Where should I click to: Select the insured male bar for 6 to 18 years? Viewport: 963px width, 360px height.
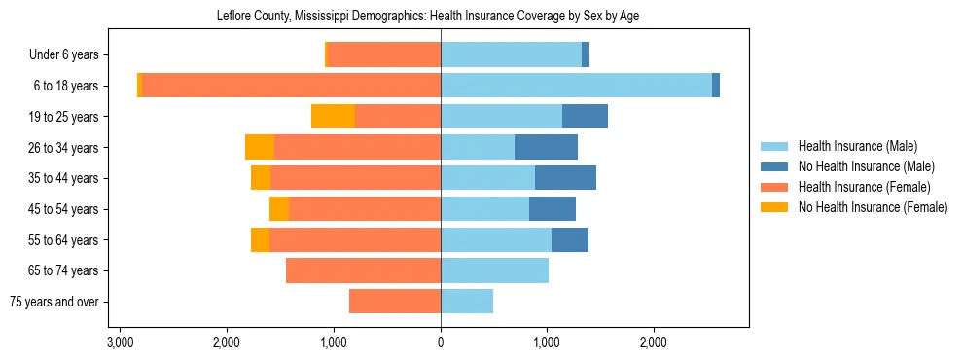[576, 86]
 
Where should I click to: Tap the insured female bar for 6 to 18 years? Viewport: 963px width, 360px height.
[291, 86]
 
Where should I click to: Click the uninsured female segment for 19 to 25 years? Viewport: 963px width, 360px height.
[333, 117]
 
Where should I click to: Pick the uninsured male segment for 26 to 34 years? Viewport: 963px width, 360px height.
[546, 147]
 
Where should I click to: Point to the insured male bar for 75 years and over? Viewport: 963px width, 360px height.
[467, 302]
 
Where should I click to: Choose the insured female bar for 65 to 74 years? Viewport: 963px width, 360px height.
[363, 270]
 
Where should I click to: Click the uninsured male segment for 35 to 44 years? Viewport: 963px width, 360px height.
[565, 178]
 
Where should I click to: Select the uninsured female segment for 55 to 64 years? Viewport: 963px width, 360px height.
[260, 239]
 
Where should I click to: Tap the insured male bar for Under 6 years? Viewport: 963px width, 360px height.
[511, 55]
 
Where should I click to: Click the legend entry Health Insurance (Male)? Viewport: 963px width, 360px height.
[857, 146]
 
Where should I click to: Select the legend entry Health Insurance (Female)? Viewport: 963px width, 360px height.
[864, 187]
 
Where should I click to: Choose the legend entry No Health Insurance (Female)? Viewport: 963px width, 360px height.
[872, 207]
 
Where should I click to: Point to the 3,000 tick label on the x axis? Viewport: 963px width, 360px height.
[120, 342]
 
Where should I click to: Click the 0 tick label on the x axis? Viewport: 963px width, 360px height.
[441, 342]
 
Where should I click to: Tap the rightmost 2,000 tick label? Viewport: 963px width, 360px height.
[654, 342]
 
